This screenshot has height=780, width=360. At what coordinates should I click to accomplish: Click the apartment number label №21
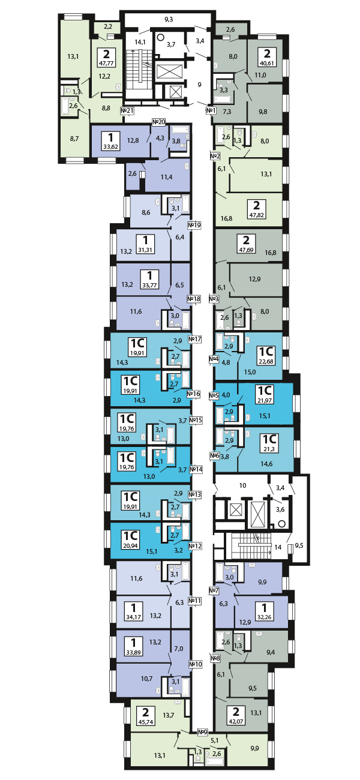(127, 110)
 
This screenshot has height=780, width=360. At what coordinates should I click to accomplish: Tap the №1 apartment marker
(211, 110)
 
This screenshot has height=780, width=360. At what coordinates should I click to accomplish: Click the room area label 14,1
(140, 42)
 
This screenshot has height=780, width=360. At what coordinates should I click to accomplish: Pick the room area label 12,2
(105, 76)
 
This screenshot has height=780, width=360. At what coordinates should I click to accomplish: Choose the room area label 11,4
(167, 176)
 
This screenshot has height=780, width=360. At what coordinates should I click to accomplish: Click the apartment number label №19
(194, 226)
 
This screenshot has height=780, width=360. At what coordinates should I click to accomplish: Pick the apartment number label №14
(195, 469)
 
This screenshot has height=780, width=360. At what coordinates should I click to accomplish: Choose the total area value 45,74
(144, 722)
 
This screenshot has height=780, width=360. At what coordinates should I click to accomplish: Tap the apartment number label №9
(203, 731)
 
